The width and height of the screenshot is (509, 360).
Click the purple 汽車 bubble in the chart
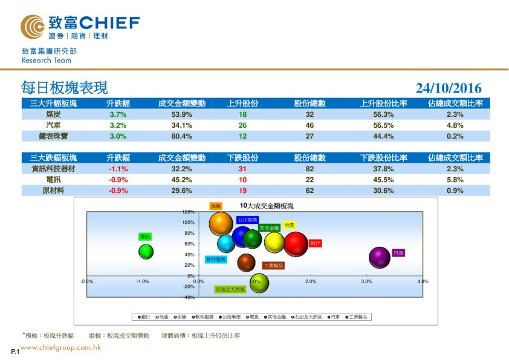(x=380, y=258)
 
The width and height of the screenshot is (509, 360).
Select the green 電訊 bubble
(x=146, y=251)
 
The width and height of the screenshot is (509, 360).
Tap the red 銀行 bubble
(x=296, y=244)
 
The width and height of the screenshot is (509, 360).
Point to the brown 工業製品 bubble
(x=246, y=263)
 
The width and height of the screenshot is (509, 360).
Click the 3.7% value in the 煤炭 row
(x=118, y=114)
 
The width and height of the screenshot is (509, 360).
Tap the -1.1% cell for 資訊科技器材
(x=118, y=169)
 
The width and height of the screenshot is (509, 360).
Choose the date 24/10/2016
(x=449, y=89)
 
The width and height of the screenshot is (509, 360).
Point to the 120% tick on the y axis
(x=188, y=212)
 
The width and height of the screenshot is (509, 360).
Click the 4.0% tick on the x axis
(x=422, y=281)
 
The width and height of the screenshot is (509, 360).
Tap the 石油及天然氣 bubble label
(x=230, y=290)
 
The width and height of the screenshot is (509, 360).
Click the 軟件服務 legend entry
(x=204, y=316)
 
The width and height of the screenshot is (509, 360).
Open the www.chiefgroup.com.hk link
(x=60, y=347)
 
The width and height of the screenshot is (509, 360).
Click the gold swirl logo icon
(x=32, y=26)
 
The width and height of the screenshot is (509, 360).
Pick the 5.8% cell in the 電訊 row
(x=455, y=180)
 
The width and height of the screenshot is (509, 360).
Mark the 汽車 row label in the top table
(x=53, y=125)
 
